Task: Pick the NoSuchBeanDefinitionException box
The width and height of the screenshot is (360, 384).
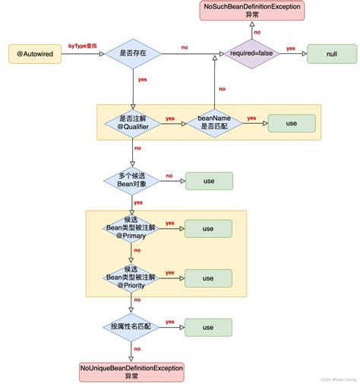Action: coord(252,11)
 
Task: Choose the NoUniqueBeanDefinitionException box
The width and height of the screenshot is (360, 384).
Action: coord(131,371)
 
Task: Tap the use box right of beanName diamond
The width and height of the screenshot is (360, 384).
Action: coord(291,123)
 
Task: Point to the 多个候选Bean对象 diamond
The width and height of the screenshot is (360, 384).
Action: coord(131,181)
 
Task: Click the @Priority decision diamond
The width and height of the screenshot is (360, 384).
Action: coord(131,278)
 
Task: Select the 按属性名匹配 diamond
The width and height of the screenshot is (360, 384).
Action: coord(131,326)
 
